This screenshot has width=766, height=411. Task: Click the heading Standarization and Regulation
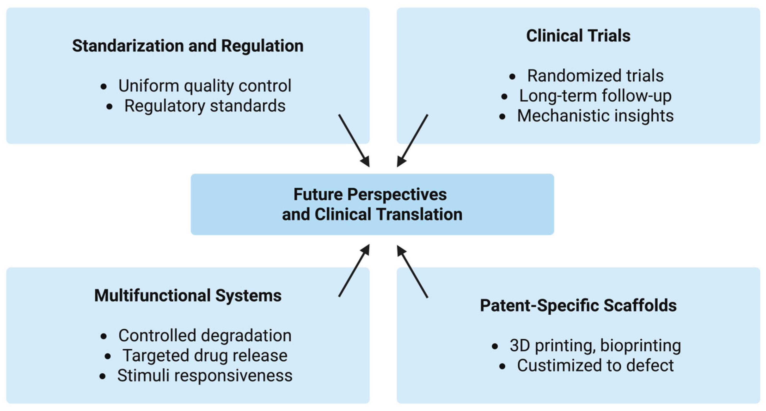[x=188, y=46]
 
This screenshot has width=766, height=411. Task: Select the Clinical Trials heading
[x=578, y=36]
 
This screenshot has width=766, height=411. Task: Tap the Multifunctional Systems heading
[x=188, y=295]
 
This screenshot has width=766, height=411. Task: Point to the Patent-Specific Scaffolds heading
[x=578, y=306]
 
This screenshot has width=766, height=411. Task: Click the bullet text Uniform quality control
[x=205, y=86]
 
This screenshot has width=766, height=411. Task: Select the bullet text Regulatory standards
[x=205, y=106]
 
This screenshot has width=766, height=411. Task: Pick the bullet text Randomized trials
[x=595, y=76]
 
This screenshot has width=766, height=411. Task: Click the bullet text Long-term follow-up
[x=595, y=96]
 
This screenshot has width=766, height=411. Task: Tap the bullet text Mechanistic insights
[x=595, y=116]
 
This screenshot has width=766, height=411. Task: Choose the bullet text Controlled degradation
[x=205, y=336]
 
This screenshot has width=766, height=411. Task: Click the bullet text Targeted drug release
[x=205, y=356]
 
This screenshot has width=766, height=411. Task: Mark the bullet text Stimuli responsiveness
[x=205, y=376]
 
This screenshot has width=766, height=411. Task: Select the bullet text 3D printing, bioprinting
[x=595, y=346]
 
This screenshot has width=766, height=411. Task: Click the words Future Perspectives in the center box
[x=370, y=194]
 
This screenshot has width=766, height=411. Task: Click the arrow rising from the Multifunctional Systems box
[x=354, y=271]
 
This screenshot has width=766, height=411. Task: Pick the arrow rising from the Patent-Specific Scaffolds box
[x=413, y=271]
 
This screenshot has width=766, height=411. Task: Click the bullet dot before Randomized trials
[x=512, y=76]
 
